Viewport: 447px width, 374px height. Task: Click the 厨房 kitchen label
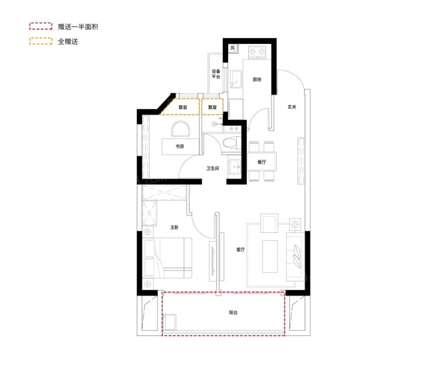(257, 79)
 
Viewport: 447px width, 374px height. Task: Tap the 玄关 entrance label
(292, 107)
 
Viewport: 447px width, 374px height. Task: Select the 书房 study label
(180, 146)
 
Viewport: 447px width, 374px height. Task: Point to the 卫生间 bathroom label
(213, 168)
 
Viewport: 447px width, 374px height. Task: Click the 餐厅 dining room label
(261, 162)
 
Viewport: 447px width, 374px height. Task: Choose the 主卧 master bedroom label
(174, 228)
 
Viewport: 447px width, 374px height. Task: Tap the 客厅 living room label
(240, 250)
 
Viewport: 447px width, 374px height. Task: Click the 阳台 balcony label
(233, 313)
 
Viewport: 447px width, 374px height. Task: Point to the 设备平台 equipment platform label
(216, 74)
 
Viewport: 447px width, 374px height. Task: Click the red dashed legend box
(41, 26)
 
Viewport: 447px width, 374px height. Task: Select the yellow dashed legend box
(41, 41)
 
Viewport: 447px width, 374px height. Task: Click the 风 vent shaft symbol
(233, 48)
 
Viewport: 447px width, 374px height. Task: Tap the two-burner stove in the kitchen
(257, 52)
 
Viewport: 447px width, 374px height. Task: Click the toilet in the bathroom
(231, 143)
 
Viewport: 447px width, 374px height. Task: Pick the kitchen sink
(236, 80)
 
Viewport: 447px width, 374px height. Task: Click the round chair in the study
(180, 129)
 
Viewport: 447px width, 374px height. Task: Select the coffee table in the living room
(270, 256)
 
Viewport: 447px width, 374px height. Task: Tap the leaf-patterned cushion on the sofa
(297, 256)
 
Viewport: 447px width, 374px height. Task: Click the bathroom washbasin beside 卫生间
(235, 166)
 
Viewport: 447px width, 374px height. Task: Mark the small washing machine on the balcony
(170, 322)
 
